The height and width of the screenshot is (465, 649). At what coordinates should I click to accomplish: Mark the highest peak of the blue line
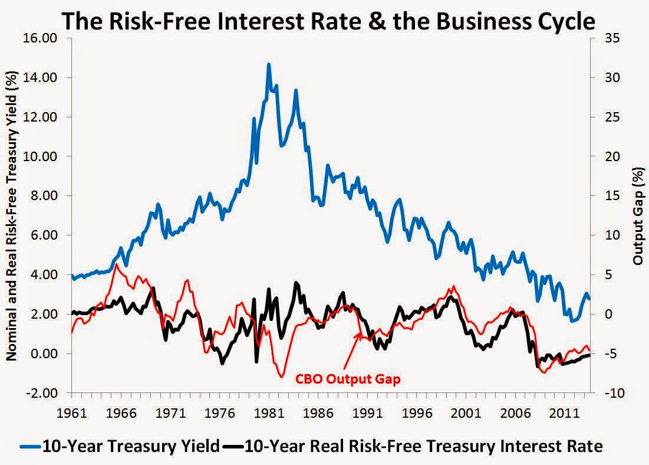coord(269,64)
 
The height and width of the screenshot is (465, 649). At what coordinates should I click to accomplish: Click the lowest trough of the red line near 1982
coord(282,376)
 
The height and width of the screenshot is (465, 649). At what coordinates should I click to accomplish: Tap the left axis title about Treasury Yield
coord(11,215)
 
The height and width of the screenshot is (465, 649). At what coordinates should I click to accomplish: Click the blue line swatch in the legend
coord(29,447)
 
